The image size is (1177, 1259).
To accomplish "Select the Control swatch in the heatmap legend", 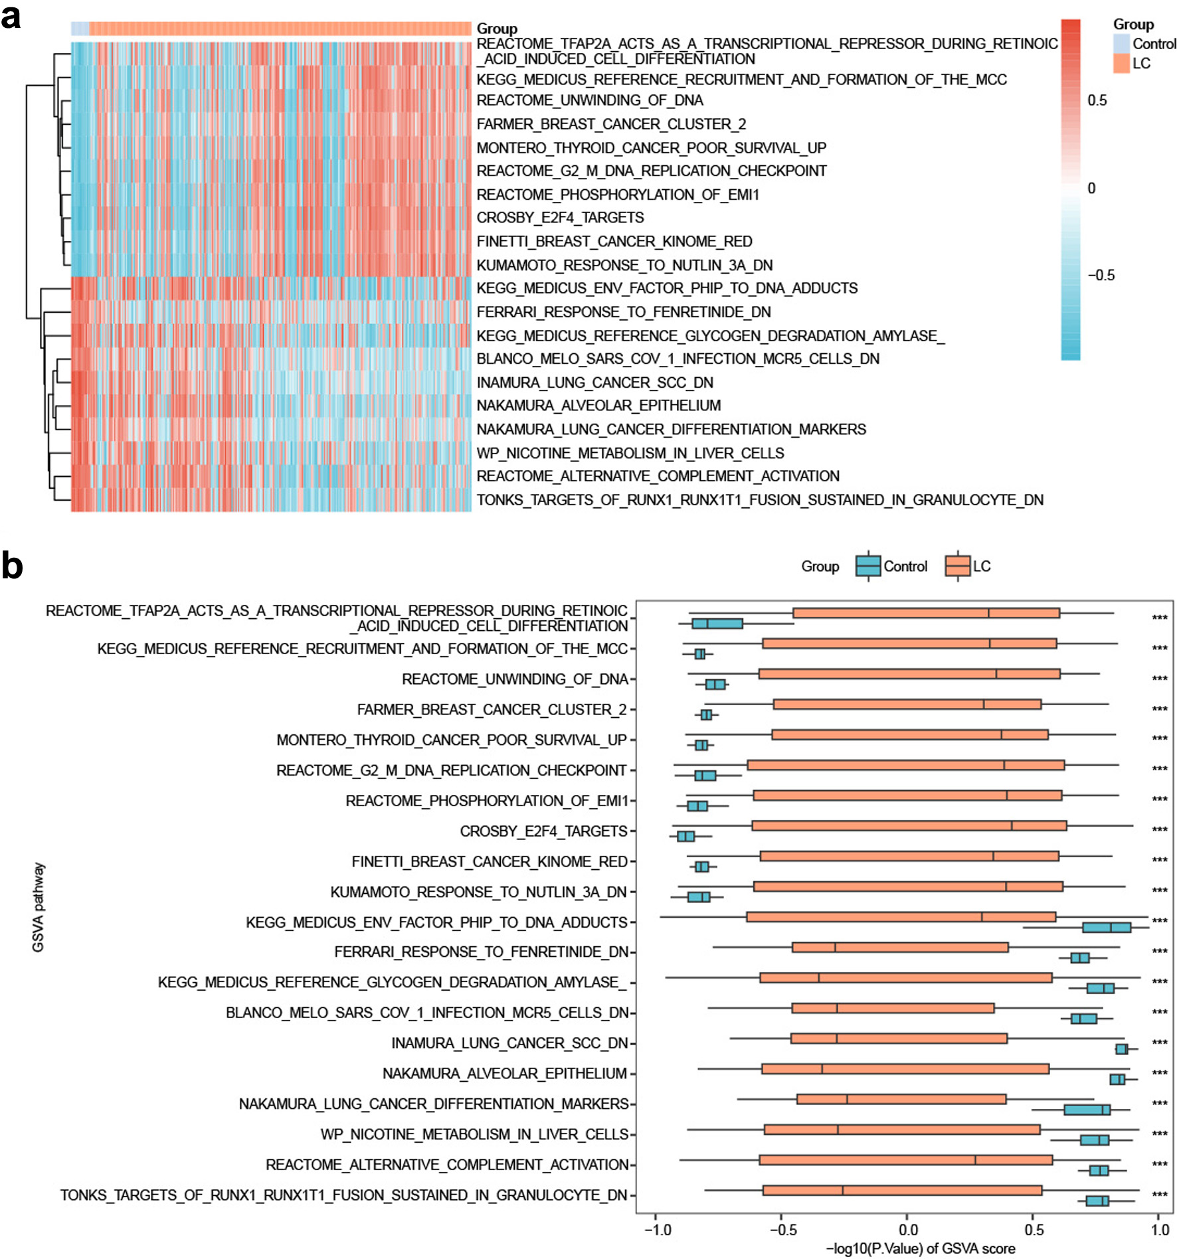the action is click(x=1121, y=43).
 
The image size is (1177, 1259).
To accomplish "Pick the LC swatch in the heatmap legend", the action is click(x=1121, y=63).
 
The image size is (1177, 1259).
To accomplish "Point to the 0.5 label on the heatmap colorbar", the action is click(x=1097, y=100).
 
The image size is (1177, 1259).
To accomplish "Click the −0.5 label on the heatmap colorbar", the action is click(x=1101, y=276).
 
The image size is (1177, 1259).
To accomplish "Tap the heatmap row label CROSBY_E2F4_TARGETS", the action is click(x=560, y=218).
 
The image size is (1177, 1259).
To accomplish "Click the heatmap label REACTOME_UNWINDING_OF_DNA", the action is click(x=590, y=100).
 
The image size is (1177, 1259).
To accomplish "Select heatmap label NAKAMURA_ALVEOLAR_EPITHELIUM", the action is click(x=598, y=405).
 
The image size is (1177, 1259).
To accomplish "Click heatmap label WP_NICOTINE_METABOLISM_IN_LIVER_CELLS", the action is click(x=630, y=453).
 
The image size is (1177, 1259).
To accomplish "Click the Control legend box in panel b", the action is click(x=868, y=566).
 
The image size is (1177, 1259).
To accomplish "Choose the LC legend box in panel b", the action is click(x=958, y=566).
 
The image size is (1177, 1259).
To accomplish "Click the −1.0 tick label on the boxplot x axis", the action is click(x=658, y=1230).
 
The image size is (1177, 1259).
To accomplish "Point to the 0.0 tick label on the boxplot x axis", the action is click(x=908, y=1230).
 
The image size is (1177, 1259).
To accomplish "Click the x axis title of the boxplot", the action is click(x=920, y=1248).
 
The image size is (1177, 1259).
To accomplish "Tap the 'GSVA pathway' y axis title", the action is click(x=38, y=907).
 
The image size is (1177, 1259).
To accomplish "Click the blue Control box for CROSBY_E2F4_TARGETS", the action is click(x=685, y=836).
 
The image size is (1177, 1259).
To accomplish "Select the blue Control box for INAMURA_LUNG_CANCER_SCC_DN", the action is click(x=1121, y=1049).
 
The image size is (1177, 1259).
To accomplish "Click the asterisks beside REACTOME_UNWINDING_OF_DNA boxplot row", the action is click(x=1160, y=679).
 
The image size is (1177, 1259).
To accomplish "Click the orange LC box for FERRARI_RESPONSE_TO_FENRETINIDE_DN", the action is click(x=900, y=947).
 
